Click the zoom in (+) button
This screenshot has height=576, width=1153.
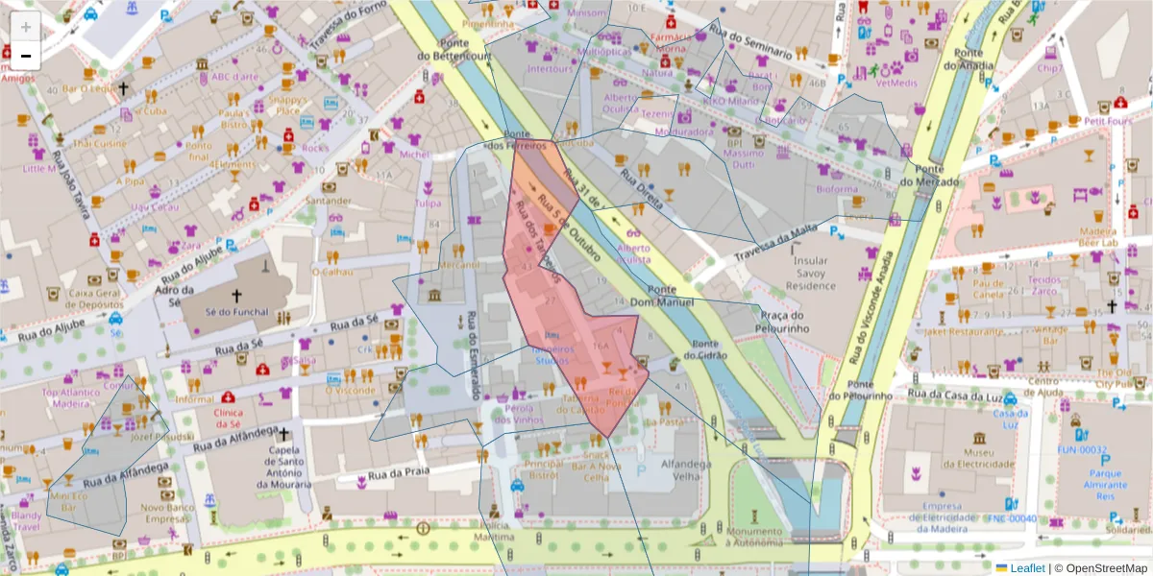[x=25, y=27]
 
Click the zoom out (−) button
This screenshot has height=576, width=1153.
[x=25, y=55]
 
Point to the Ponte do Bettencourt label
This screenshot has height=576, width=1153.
[x=454, y=50]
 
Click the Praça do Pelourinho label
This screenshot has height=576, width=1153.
[x=782, y=322]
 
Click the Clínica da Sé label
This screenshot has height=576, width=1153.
[x=228, y=417]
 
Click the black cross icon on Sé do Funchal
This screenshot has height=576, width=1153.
[x=235, y=297]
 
